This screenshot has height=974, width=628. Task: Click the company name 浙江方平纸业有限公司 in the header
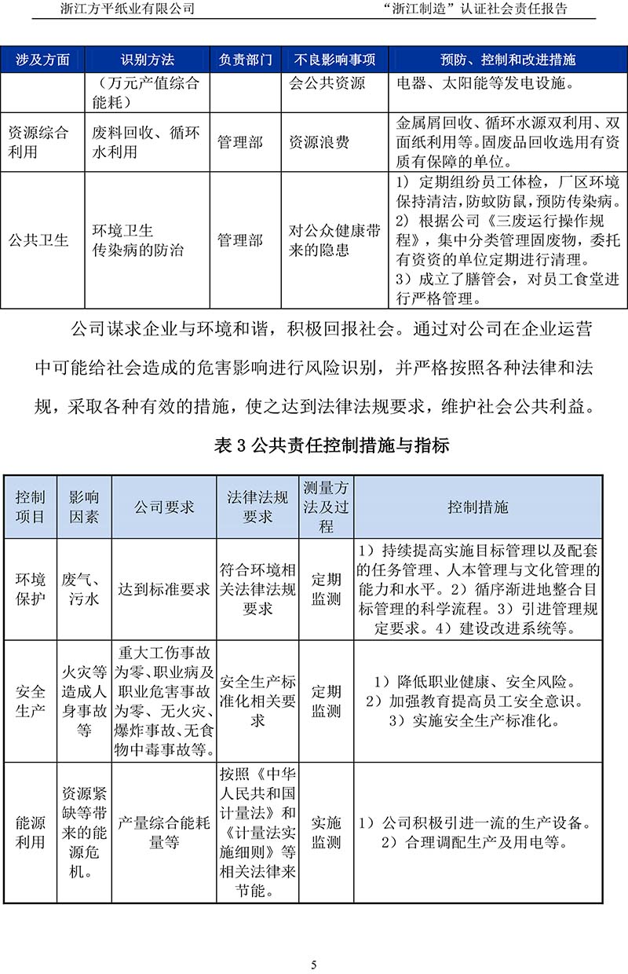click(x=127, y=9)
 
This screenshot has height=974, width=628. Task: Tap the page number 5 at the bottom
click(x=314, y=965)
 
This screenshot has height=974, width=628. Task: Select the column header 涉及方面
click(x=43, y=60)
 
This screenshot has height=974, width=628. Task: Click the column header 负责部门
click(x=246, y=60)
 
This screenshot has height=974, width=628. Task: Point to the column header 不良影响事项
click(x=335, y=60)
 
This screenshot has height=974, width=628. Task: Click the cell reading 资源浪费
click(x=319, y=142)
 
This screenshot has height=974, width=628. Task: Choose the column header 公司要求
click(x=164, y=507)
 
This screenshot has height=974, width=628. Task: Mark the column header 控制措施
click(x=478, y=507)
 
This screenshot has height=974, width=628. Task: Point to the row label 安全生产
click(x=31, y=701)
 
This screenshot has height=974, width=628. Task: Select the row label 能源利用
click(x=31, y=833)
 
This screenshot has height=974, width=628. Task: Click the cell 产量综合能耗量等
click(x=164, y=833)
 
